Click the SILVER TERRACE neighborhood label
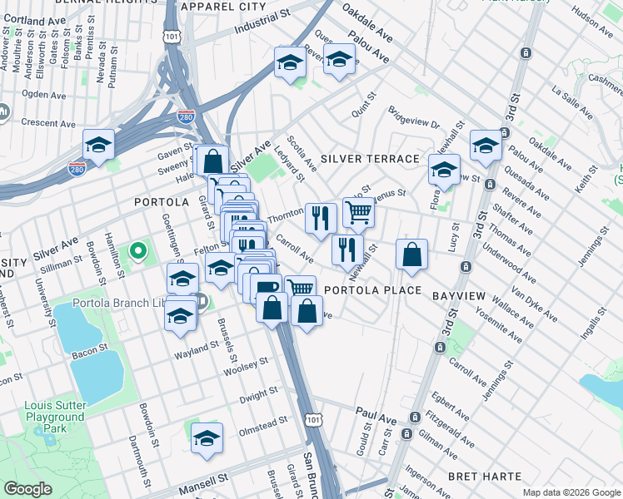point(370,158)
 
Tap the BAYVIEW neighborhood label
point(459,295)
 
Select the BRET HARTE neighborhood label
point(485,477)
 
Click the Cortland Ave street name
point(34,19)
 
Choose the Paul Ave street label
point(372,413)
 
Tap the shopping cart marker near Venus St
point(358,212)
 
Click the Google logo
point(27,489)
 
